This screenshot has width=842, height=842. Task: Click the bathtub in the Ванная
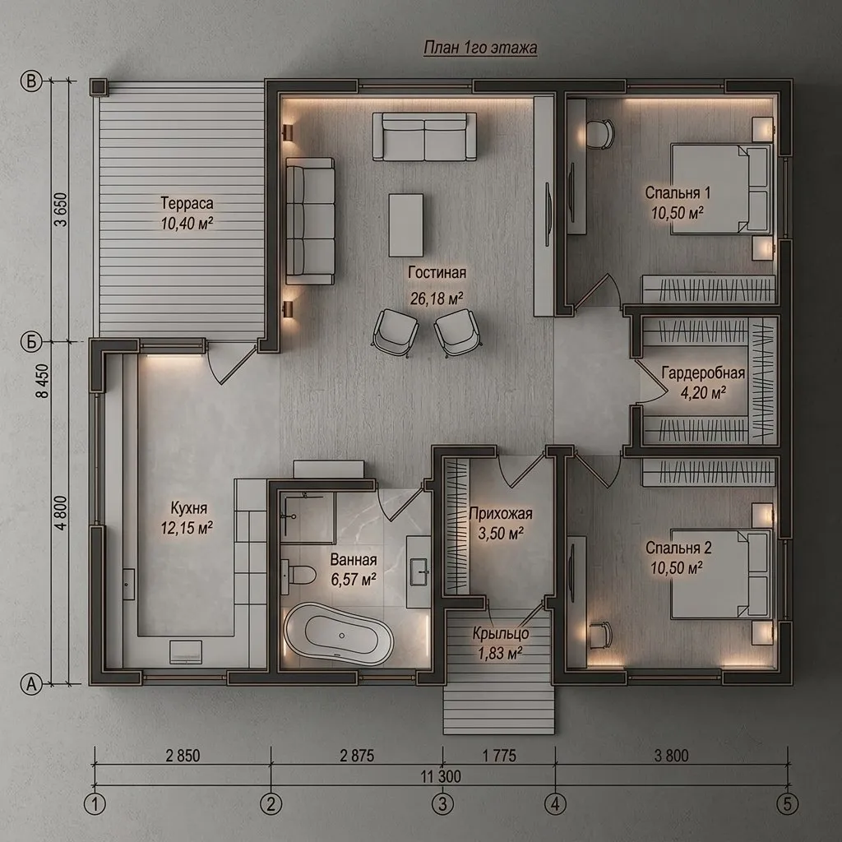coord(338,635)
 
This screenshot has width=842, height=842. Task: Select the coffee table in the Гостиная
coord(405,225)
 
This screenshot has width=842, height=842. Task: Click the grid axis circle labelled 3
coord(442,804)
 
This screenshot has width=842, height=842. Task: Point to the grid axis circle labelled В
coord(31,81)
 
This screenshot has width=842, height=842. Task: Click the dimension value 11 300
coord(441,776)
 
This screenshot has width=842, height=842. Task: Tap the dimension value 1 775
coord(499,756)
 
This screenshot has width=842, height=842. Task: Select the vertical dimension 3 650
coord(61,210)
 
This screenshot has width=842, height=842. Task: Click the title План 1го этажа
coord(480,48)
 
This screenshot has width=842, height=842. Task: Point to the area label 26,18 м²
coord(437,298)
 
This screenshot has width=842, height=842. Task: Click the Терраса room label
coord(187,203)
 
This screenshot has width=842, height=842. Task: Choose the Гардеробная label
coord(703,373)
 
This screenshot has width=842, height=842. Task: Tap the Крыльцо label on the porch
coord(501,634)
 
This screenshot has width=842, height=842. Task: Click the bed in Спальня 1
coord(721,188)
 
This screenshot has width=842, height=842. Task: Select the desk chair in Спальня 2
coord(600,636)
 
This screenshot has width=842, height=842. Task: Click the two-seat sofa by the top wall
coord(424,136)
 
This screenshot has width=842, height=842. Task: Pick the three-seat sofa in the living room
coord(310,220)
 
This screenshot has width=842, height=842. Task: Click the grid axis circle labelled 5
coord(787,804)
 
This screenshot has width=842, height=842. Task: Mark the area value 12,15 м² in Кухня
coord(187,528)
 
